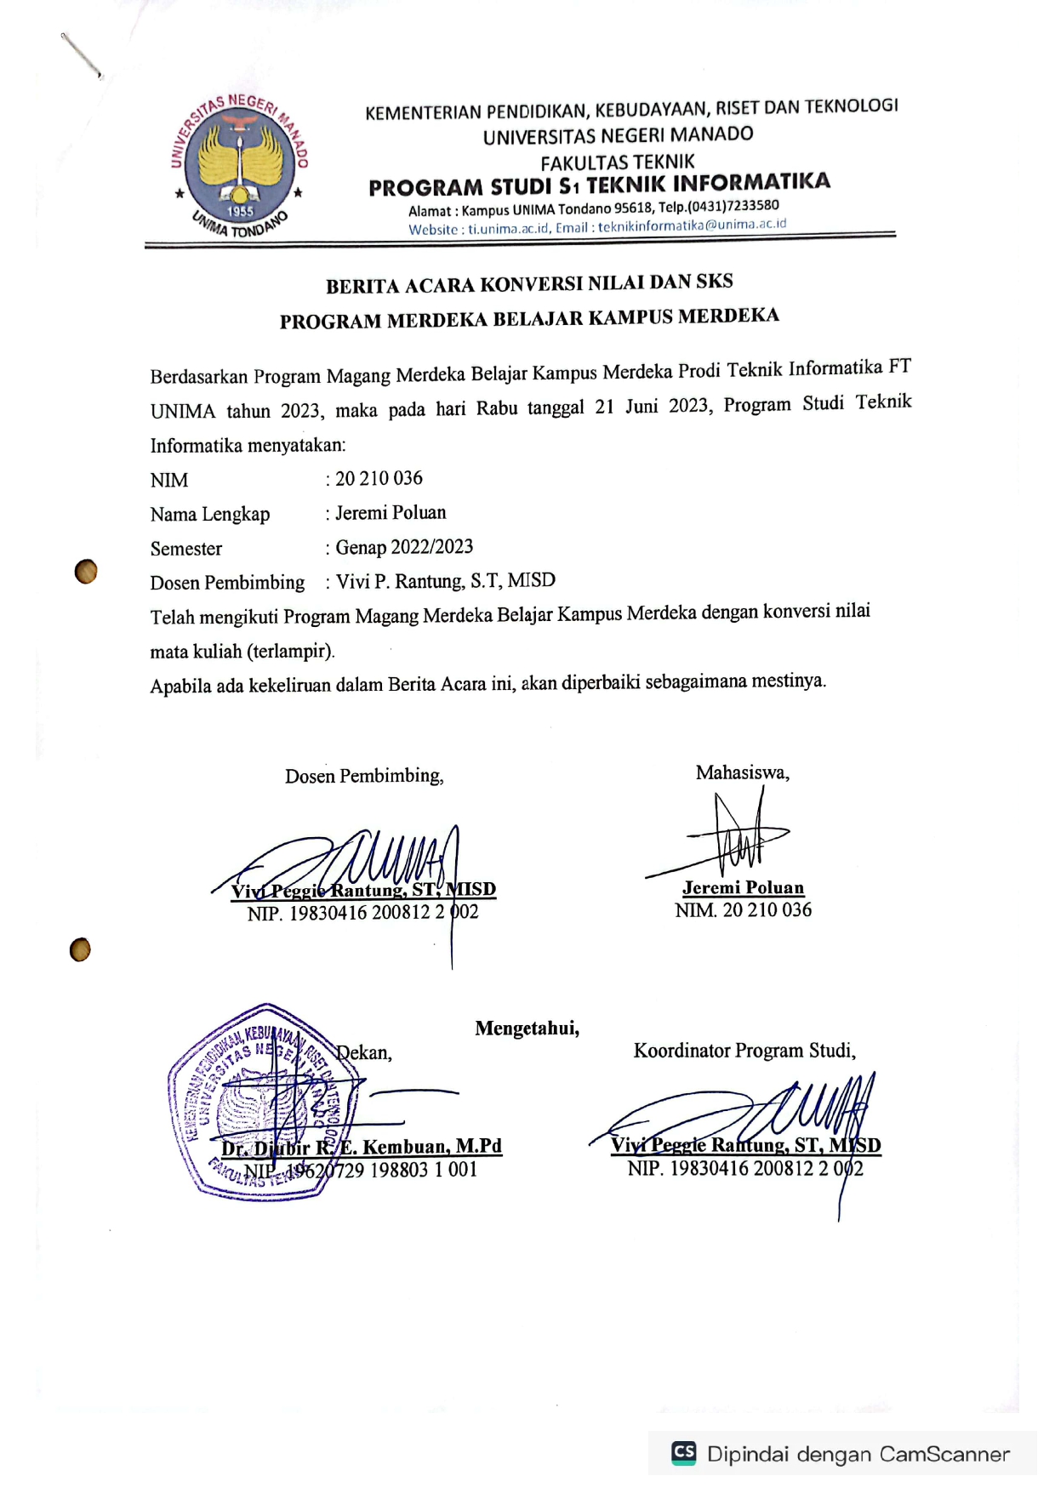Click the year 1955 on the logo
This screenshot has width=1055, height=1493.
(x=240, y=211)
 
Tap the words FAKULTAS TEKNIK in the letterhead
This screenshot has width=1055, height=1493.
(x=618, y=162)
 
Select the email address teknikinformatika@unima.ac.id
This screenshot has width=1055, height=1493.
(x=692, y=225)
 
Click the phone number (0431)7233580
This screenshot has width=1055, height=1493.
(x=733, y=206)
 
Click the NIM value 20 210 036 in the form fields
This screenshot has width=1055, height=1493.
(x=379, y=479)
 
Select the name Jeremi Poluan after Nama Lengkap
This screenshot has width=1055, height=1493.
(x=391, y=513)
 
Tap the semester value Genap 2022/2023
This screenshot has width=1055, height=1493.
(x=404, y=547)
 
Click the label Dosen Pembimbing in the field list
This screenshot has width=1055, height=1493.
(x=227, y=583)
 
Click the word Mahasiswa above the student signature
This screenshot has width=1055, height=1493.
(x=742, y=772)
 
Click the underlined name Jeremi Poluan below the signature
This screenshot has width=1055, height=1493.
(x=743, y=887)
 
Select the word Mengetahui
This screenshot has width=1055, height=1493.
(x=527, y=1029)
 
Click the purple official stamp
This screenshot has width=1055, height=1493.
(x=259, y=1102)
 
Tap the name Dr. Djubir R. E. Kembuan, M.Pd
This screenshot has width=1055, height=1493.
(x=362, y=1147)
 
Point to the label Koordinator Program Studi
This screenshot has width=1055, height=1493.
(x=744, y=1051)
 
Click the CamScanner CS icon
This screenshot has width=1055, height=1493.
(x=684, y=1452)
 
